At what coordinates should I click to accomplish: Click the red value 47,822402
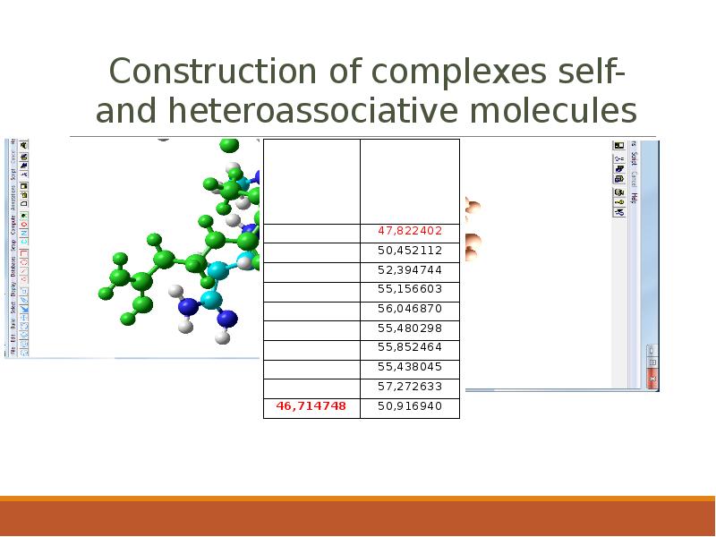pyautogui.click(x=409, y=230)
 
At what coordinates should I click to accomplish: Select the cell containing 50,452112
pyautogui.click(x=409, y=250)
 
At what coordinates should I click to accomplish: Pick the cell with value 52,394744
pyautogui.click(x=409, y=269)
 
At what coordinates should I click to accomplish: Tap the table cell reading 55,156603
pyautogui.click(x=409, y=289)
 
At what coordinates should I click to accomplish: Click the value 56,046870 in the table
pyautogui.click(x=409, y=308)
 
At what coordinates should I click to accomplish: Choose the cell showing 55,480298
pyautogui.click(x=409, y=328)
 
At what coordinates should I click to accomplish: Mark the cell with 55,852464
pyautogui.click(x=409, y=347)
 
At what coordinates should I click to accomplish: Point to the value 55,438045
pyautogui.click(x=409, y=367)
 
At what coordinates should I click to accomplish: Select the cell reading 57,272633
pyautogui.click(x=409, y=387)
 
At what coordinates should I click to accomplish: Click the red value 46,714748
pyautogui.click(x=311, y=406)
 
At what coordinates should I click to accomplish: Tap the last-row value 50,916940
pyautogui.click(x=409, y=406)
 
